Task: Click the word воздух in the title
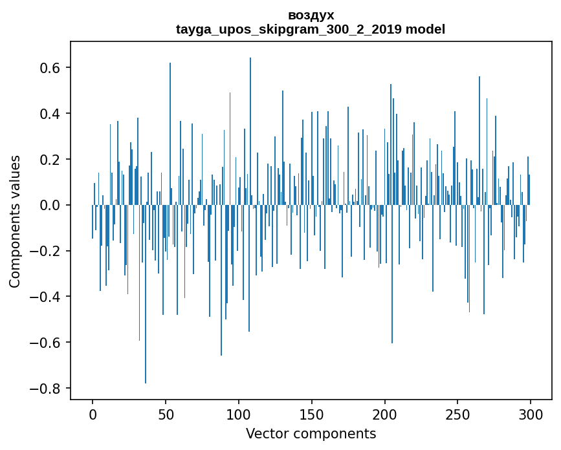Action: point(311,15)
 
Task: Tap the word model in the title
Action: point(425,29)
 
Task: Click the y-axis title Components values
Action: point(15,221)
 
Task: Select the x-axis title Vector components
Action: point(311,434)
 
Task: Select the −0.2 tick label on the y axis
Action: point(47,251)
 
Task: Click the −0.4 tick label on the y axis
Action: point(47,297)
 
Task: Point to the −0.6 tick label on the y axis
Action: point(47,343)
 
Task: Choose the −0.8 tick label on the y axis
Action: point(47,389)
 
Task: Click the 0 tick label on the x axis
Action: point(93,414)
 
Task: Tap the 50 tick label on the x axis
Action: point(166,414)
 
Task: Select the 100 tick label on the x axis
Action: point(239,414)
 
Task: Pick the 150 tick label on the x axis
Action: point(312,414)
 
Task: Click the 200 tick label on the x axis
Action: point(385,414)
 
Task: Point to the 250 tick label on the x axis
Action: point(457,414)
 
